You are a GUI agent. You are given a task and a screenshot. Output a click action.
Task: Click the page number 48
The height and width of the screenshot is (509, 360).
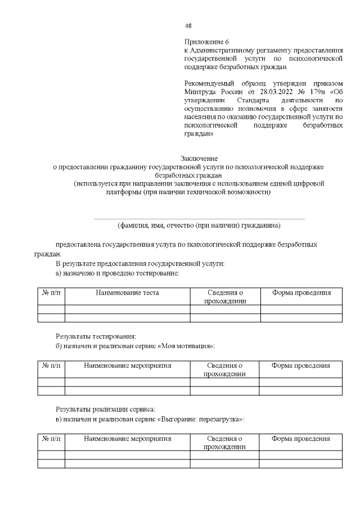[x=188, y=26]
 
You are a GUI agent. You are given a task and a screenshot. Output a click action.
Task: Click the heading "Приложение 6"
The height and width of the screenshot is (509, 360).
[x=207, y=42]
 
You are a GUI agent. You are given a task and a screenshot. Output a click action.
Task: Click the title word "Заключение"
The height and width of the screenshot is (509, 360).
[x=199, y=159]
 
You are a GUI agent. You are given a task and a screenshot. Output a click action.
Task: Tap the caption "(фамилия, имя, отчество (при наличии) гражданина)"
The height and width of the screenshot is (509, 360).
[x=199, y=226]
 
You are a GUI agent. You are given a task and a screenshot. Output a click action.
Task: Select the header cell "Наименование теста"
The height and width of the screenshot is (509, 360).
[x=127, y=293]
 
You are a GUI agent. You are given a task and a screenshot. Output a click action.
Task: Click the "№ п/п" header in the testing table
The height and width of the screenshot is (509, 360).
[x=51, y=293]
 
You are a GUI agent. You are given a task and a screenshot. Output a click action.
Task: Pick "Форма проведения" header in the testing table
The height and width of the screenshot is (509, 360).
[x=301, y=293]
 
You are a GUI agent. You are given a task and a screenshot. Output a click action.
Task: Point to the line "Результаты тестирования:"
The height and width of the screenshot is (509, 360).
[x=96, y=336]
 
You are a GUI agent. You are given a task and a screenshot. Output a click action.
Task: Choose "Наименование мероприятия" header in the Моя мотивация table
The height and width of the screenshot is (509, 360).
[x=127, y=366]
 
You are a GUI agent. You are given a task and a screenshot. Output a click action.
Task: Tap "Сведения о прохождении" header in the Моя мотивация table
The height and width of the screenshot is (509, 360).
[x=224, y=370]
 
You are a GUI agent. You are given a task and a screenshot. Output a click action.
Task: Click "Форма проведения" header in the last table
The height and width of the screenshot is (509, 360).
[x=300, y=439]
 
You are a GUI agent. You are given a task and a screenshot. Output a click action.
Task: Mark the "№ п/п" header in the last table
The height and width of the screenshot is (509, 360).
[x=51, y=439]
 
